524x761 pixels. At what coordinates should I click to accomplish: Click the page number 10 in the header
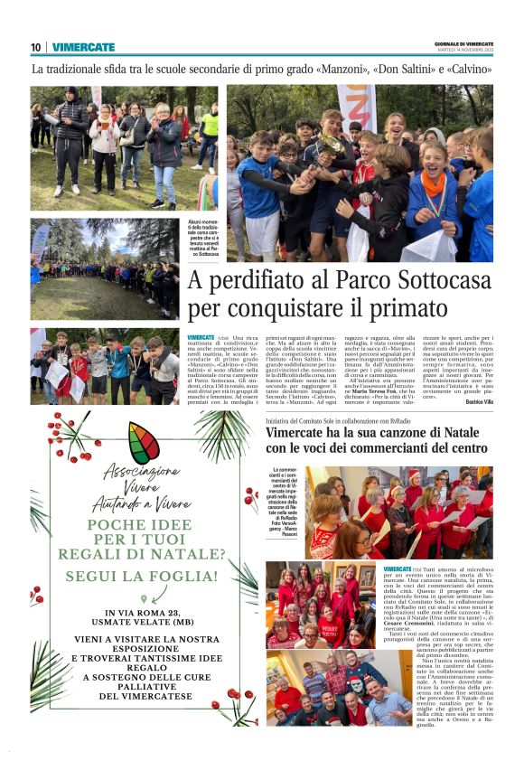[x=35, y=47]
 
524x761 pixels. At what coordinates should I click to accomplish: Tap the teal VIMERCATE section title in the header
[x=83, y=47]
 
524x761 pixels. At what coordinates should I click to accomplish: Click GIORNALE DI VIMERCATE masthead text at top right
[x=463, y=43]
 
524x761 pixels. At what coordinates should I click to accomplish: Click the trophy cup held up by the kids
[x=332, y=145]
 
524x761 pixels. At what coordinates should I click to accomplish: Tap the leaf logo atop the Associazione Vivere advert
[x=144, y=443]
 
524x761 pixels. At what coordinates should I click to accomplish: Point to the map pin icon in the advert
[x=143, y=598]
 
